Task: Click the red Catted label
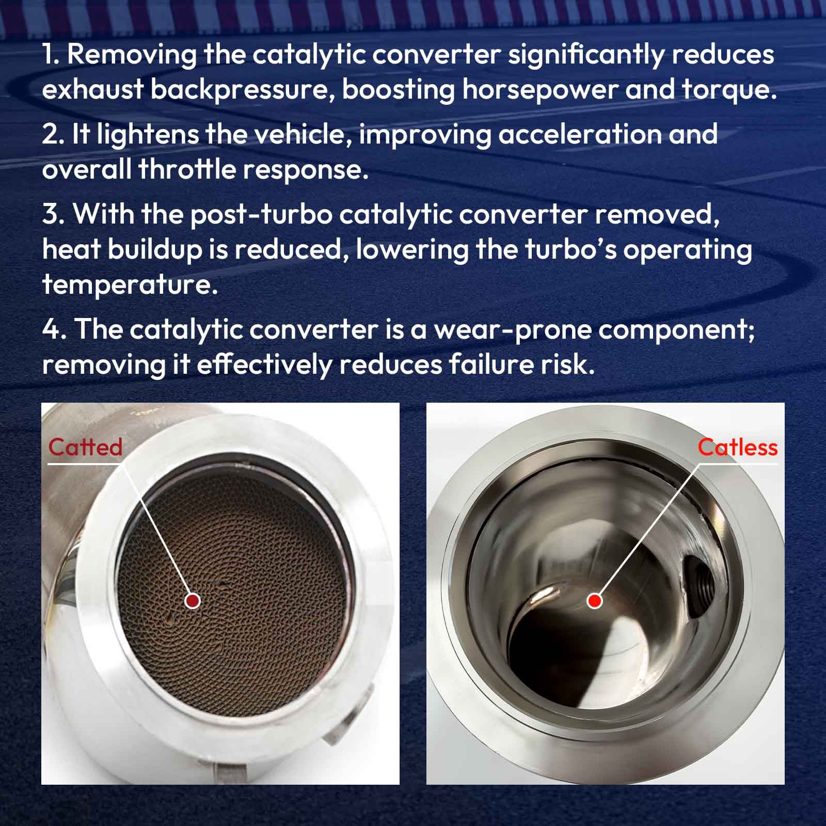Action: pos(85,447)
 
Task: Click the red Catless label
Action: pos(738,447)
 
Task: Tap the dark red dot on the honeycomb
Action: pos(193,600)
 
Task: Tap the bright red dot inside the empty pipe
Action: pos(595,600)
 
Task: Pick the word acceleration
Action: pos(580,134)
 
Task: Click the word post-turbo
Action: pos(261,215)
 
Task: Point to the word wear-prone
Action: pos(513,330)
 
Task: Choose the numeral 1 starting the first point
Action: pos(49,55)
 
